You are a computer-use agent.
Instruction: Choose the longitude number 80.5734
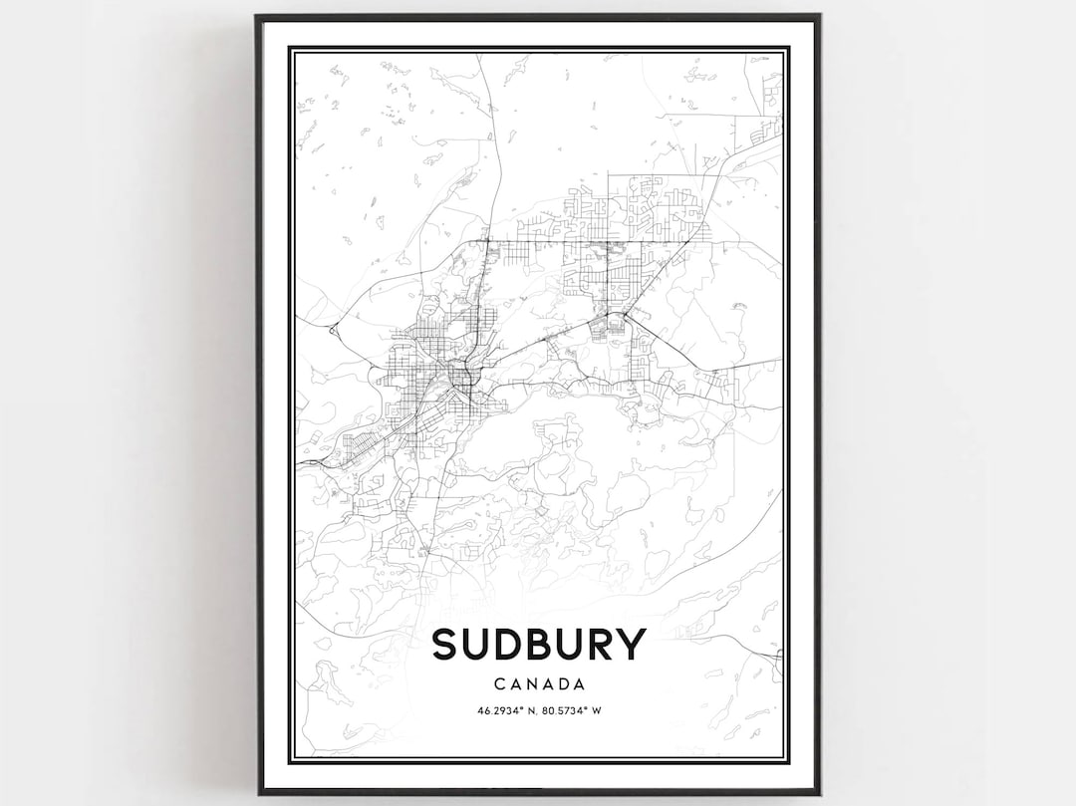pos(565,710)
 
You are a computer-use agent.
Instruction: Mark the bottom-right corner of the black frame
pos(819,794)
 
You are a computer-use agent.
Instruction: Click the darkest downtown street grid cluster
pos(460,377)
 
